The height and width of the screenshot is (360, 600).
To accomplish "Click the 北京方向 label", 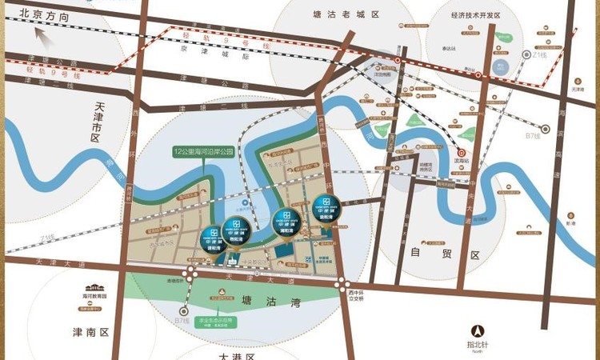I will coord(45,15).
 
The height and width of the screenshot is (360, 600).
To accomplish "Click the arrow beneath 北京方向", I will coord(42,34).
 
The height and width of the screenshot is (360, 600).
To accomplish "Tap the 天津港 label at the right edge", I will coord(578,89).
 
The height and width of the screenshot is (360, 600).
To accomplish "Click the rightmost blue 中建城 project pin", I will coord(326,208).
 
